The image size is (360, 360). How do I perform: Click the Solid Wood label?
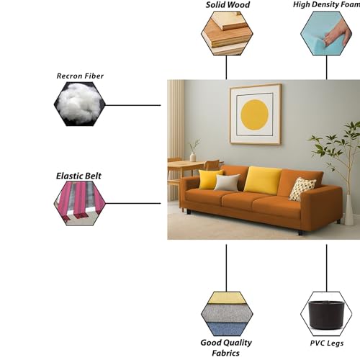[x=228, y=5]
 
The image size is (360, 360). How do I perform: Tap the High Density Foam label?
[x=326, y=4]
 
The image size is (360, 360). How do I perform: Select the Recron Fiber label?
[x=80, y=76]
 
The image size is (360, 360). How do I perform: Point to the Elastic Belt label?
[x=78, y=176]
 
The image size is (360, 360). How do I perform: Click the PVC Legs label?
[x=327, y=343]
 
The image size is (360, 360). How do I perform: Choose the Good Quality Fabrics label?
[x=226, y=348]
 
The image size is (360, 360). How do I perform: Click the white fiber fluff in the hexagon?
[x=80, y=104]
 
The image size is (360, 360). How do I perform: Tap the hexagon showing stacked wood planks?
[x=227, y=34]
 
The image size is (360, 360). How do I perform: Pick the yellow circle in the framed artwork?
[x=254, y=114]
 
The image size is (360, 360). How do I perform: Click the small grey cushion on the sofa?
[x=227, y=182]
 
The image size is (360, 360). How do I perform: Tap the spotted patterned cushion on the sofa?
[x=302, y=189]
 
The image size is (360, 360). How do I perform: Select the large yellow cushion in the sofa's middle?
[x=263, y=180]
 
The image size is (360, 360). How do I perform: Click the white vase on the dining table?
[x=193, y=156]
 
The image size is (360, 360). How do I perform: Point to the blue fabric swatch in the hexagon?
[x=227, y=329]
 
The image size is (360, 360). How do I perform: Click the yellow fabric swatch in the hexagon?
[x=227, y=297]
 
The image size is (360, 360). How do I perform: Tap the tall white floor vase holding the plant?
[x=349, y=210]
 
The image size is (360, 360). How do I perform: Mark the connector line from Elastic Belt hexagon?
[x=133, y=203]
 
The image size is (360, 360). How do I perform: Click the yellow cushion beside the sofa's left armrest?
[x=210, y=179]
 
